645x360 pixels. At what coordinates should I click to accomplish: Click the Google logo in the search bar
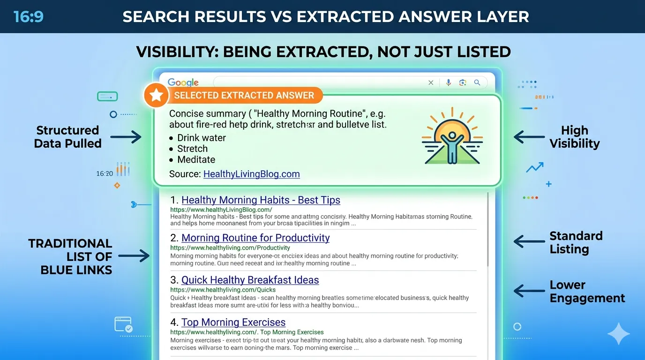tap(183, 83)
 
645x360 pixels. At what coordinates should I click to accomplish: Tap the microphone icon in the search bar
tap(449, 82)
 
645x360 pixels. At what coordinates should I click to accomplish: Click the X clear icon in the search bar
tap(431, 82)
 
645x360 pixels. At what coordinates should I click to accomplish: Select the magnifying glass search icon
tap(477, 82)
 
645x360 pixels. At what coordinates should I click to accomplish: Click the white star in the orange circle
tap(156, 96)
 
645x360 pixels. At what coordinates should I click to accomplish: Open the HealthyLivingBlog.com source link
tap(251, 174)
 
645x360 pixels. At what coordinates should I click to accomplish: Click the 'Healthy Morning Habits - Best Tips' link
tap(261, 200)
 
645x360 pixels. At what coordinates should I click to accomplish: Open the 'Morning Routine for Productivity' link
tap(255, 238)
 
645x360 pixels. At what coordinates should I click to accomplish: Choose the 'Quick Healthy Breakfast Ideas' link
tap(250, 280)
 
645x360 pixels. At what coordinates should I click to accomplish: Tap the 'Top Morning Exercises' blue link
tap(233, 322)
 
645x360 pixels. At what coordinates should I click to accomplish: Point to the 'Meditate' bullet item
tap(196, 159)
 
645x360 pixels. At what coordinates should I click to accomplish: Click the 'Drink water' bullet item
tap(202, 138)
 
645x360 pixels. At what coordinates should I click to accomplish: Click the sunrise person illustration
tap(452, 136)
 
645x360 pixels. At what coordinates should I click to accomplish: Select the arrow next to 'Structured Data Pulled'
tap(126, 137)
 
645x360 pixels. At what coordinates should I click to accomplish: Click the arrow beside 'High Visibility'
tap(529, 137)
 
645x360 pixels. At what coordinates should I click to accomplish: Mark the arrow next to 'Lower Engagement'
tap(529, 291)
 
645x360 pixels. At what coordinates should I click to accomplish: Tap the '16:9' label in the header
tap(29, 17)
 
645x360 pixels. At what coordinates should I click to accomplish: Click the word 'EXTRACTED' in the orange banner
tap(244, 96)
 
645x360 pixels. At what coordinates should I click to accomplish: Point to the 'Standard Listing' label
tap(576, 242)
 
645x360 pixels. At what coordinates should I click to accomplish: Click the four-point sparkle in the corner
tap(618, 334)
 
